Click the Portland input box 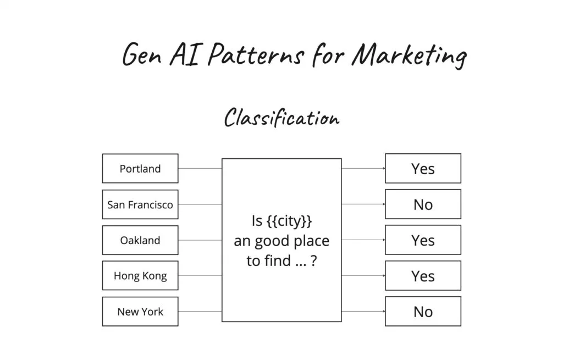140,168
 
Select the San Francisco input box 140,204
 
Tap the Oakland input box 140,240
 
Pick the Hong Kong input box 140,276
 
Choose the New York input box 140,312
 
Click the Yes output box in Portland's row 423,168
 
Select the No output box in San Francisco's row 423,204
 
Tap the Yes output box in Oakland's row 423,240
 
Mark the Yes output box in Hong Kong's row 423,276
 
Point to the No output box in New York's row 423,312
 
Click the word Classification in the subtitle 281,118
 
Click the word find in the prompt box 278,261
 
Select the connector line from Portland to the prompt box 200,168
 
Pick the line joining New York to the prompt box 200,312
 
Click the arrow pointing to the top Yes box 363,168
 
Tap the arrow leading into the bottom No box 363,312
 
